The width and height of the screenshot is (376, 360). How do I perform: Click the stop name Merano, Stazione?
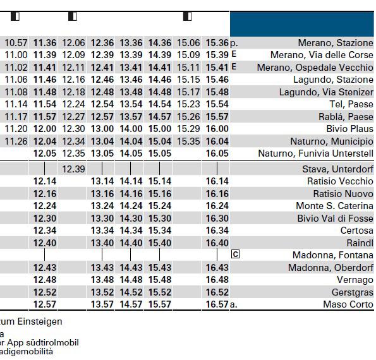[x=336, y=43]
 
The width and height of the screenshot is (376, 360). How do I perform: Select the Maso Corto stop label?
[x=348, y=304]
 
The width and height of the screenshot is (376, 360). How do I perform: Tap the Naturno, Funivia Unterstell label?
[x=315, y=153]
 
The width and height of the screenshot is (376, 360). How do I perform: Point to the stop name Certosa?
[x=356, y=231]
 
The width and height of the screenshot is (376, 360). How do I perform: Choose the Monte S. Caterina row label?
[x=334, y=206]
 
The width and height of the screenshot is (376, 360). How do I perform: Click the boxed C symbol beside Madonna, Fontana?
[x=235, y=254]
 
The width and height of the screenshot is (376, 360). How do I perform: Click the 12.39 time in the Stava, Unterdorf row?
[x=73, y=169]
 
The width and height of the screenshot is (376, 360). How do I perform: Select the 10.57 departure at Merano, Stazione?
[x=16, y=43]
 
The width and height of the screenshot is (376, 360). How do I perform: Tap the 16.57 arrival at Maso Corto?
[x=217, y=304]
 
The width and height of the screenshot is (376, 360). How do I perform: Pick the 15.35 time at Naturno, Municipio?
[x=188, y=141]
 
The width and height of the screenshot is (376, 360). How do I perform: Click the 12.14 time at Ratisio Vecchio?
[x=45, y=181]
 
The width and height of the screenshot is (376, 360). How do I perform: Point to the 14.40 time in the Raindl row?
[x=131, y=243]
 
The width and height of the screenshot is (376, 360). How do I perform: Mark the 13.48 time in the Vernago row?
[x=102, y=280]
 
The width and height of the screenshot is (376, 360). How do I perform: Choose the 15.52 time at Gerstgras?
[x=160, y=292]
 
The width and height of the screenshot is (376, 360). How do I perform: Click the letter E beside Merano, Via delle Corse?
[x=234, y=54]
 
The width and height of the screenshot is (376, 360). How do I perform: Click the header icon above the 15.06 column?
[x=188, y=16]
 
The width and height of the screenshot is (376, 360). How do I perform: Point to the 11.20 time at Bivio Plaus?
[x=16, y=129]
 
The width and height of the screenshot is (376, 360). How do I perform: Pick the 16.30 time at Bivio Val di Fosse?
[x=217, y=219]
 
